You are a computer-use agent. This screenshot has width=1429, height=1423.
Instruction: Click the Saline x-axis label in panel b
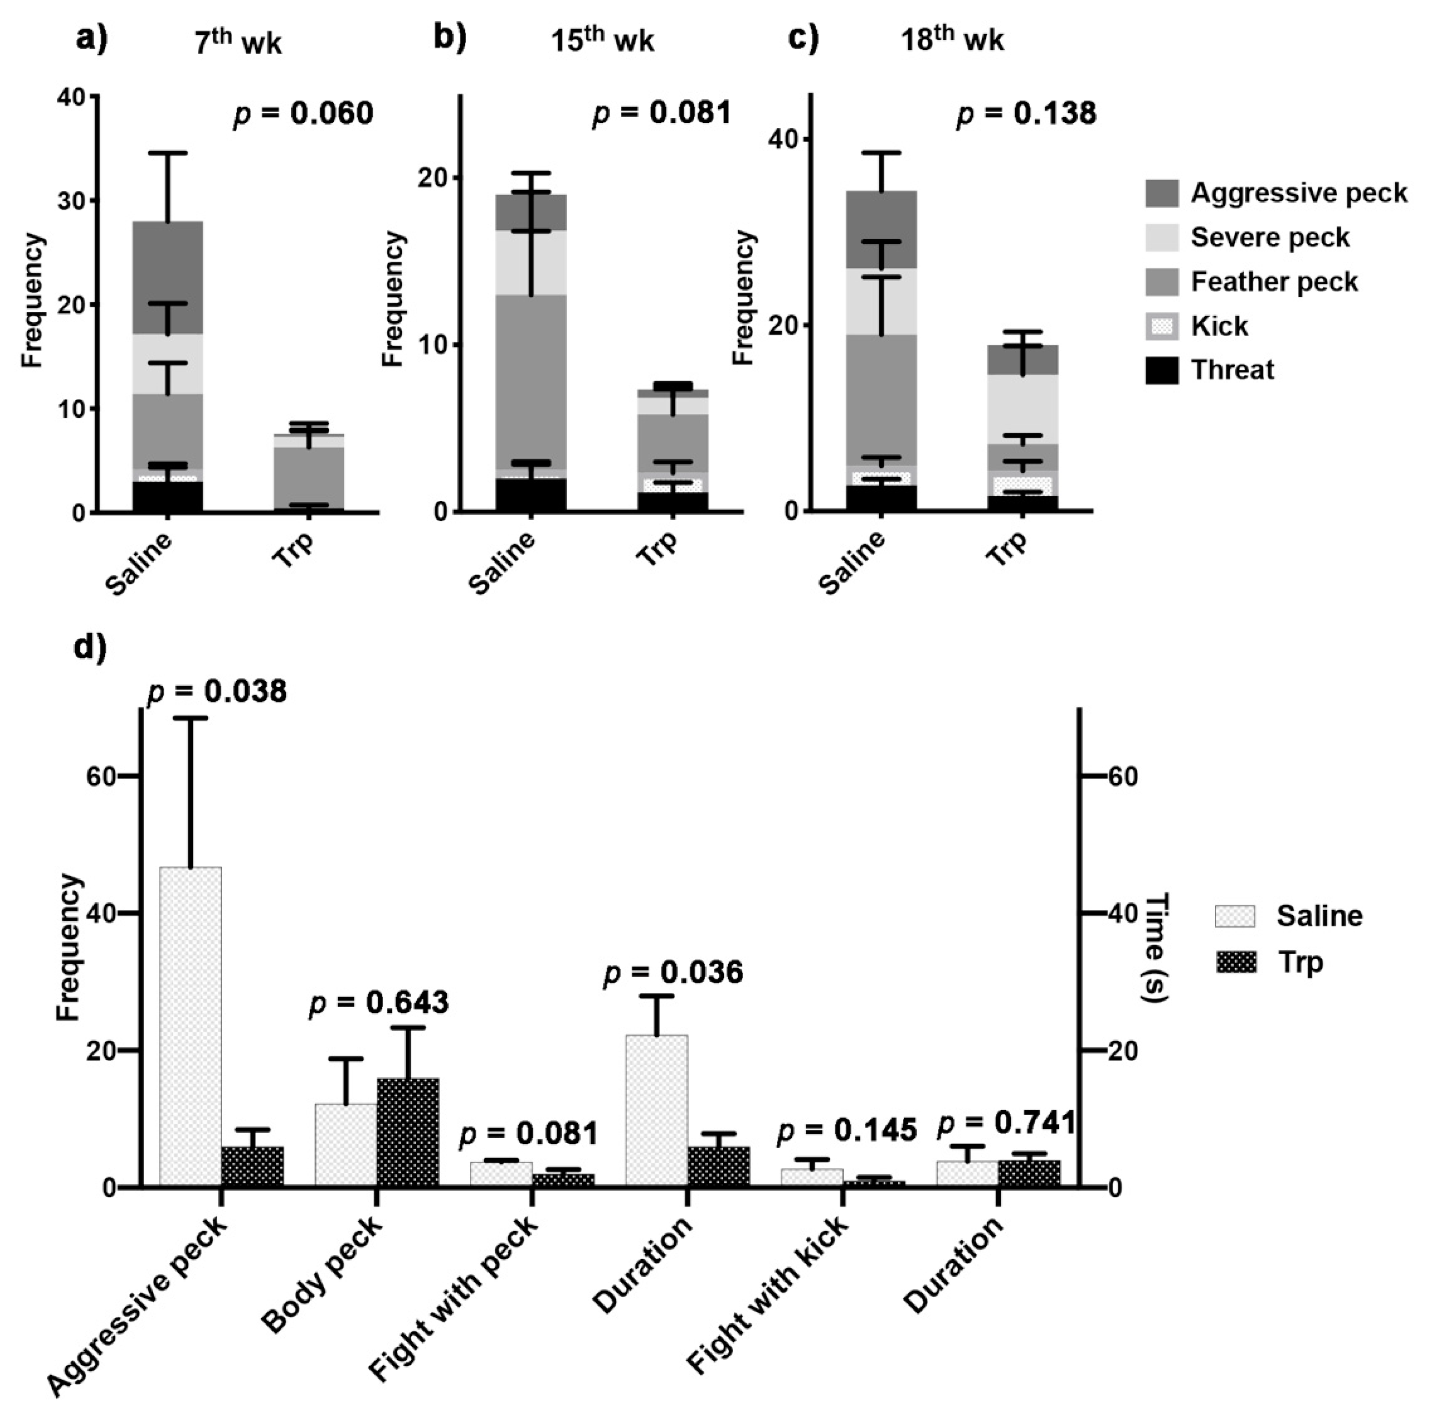[x=503, y=562]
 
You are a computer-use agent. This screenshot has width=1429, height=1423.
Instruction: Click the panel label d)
[x=92, y=646]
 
